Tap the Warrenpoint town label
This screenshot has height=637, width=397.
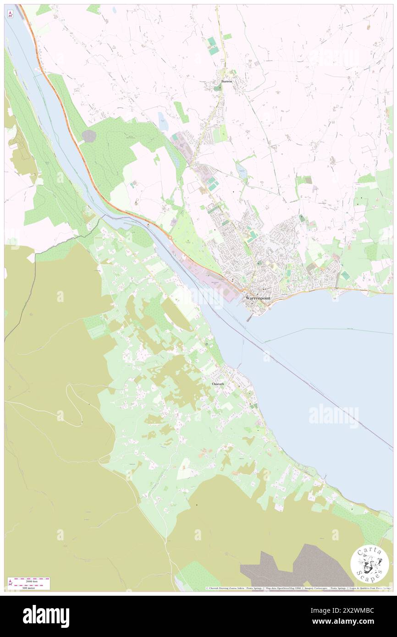point(258,298)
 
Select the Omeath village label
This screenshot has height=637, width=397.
point(218,383)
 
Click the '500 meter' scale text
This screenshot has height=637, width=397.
point(29,587)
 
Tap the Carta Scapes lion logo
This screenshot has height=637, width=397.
point(370,564)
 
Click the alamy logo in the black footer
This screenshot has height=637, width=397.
point(46,616)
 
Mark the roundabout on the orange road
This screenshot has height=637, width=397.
point(170,237)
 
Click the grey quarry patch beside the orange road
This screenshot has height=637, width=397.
point(89,135)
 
